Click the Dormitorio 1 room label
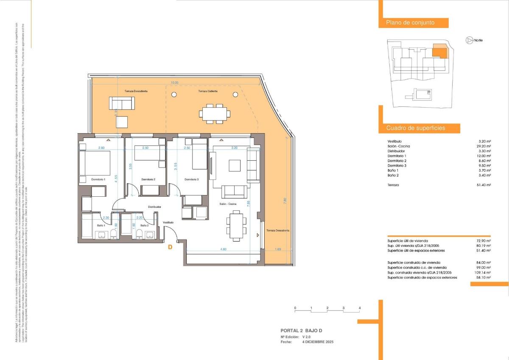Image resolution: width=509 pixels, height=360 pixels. point(98,180)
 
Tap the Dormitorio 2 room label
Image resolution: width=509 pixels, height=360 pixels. point(148,180)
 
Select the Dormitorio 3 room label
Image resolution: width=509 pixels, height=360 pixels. point(191,180)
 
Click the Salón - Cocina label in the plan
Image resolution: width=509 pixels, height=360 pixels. point(228,204)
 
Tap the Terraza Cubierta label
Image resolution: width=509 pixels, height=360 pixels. point(208,91)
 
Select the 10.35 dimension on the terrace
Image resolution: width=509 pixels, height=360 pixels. point(174,83)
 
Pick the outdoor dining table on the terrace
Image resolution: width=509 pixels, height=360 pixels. point(215,113)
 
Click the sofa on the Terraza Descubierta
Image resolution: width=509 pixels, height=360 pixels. point(121,103)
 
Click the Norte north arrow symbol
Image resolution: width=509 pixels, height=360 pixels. point(469,40)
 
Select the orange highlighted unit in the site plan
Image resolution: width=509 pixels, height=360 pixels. point(439,51)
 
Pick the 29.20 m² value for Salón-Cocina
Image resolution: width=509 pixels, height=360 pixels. point(484,146)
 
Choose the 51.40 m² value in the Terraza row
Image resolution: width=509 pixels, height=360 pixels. point(484,185)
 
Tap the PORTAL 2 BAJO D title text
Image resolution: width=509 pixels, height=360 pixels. point(304,330)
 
